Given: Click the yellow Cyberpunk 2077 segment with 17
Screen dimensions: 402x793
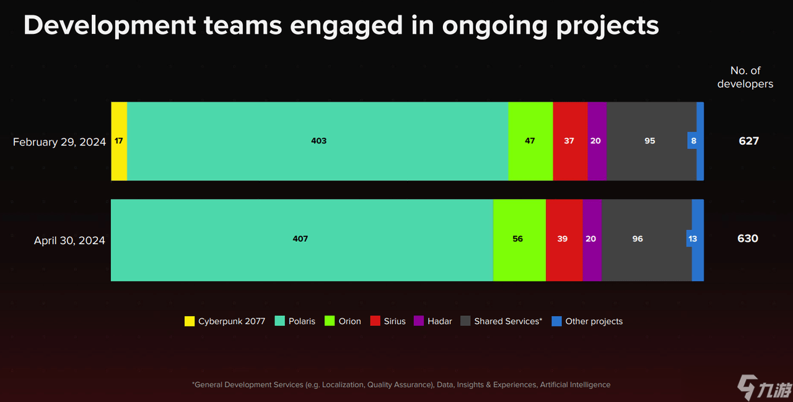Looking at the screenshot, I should coord(119,141).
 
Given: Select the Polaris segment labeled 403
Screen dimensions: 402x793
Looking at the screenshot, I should coord(318,141).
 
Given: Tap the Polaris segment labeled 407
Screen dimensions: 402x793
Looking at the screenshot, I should coord(302,239).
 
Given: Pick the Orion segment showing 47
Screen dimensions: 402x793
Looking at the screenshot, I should coord(530,141).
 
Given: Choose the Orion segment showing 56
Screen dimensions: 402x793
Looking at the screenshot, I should coord(519,239).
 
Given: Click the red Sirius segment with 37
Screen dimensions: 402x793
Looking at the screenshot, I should coord(569,141).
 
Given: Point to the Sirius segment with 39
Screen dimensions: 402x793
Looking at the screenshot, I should coord(563,239).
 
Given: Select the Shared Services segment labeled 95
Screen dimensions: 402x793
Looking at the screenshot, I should coord(651,141).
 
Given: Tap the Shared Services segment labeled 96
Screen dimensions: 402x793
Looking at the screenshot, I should coord(638,239).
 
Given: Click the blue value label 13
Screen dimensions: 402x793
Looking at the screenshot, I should coord(693,239).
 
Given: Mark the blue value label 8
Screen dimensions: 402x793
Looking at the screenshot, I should coord(693,141).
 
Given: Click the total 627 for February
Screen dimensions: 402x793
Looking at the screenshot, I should coord(748,141).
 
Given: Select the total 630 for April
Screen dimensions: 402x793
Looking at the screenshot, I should coord(748,239).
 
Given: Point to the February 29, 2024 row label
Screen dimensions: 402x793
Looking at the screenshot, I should coord(59,142).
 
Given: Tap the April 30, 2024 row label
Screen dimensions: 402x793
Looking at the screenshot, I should coord(69,241).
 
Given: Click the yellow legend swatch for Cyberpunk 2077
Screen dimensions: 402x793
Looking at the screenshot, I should coord(190,321).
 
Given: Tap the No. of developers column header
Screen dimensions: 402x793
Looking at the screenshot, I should coord(745,77).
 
